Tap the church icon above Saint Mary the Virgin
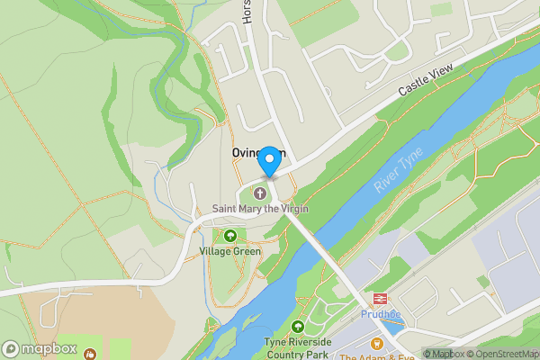pos(261,193)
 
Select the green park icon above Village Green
pos(230,236)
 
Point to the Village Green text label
pos(230,251)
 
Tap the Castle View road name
pos(421,86)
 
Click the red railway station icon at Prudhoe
pos(377,301)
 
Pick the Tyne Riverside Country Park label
pos(298,349)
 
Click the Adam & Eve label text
pos(377,356)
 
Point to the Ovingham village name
pos(257,152)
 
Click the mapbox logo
pos(40,348)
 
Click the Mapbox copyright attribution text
pos(443,354)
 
